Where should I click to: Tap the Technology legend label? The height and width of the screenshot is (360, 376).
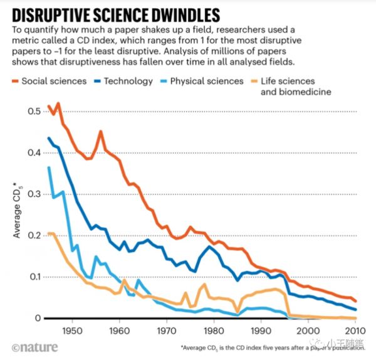pos(128,81)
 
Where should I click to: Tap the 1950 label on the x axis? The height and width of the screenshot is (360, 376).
pos(71,331)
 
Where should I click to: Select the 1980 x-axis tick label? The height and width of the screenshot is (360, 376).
pos(213,331)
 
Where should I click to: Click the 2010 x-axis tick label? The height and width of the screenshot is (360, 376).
pos(354,331)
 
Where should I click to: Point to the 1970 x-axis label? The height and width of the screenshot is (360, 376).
pos(166,331)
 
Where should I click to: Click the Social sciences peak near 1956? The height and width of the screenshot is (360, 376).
pos(100,131)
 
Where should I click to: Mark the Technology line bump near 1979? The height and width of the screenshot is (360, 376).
pos(210,246)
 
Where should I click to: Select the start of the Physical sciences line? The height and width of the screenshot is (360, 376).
pos(49,167)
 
